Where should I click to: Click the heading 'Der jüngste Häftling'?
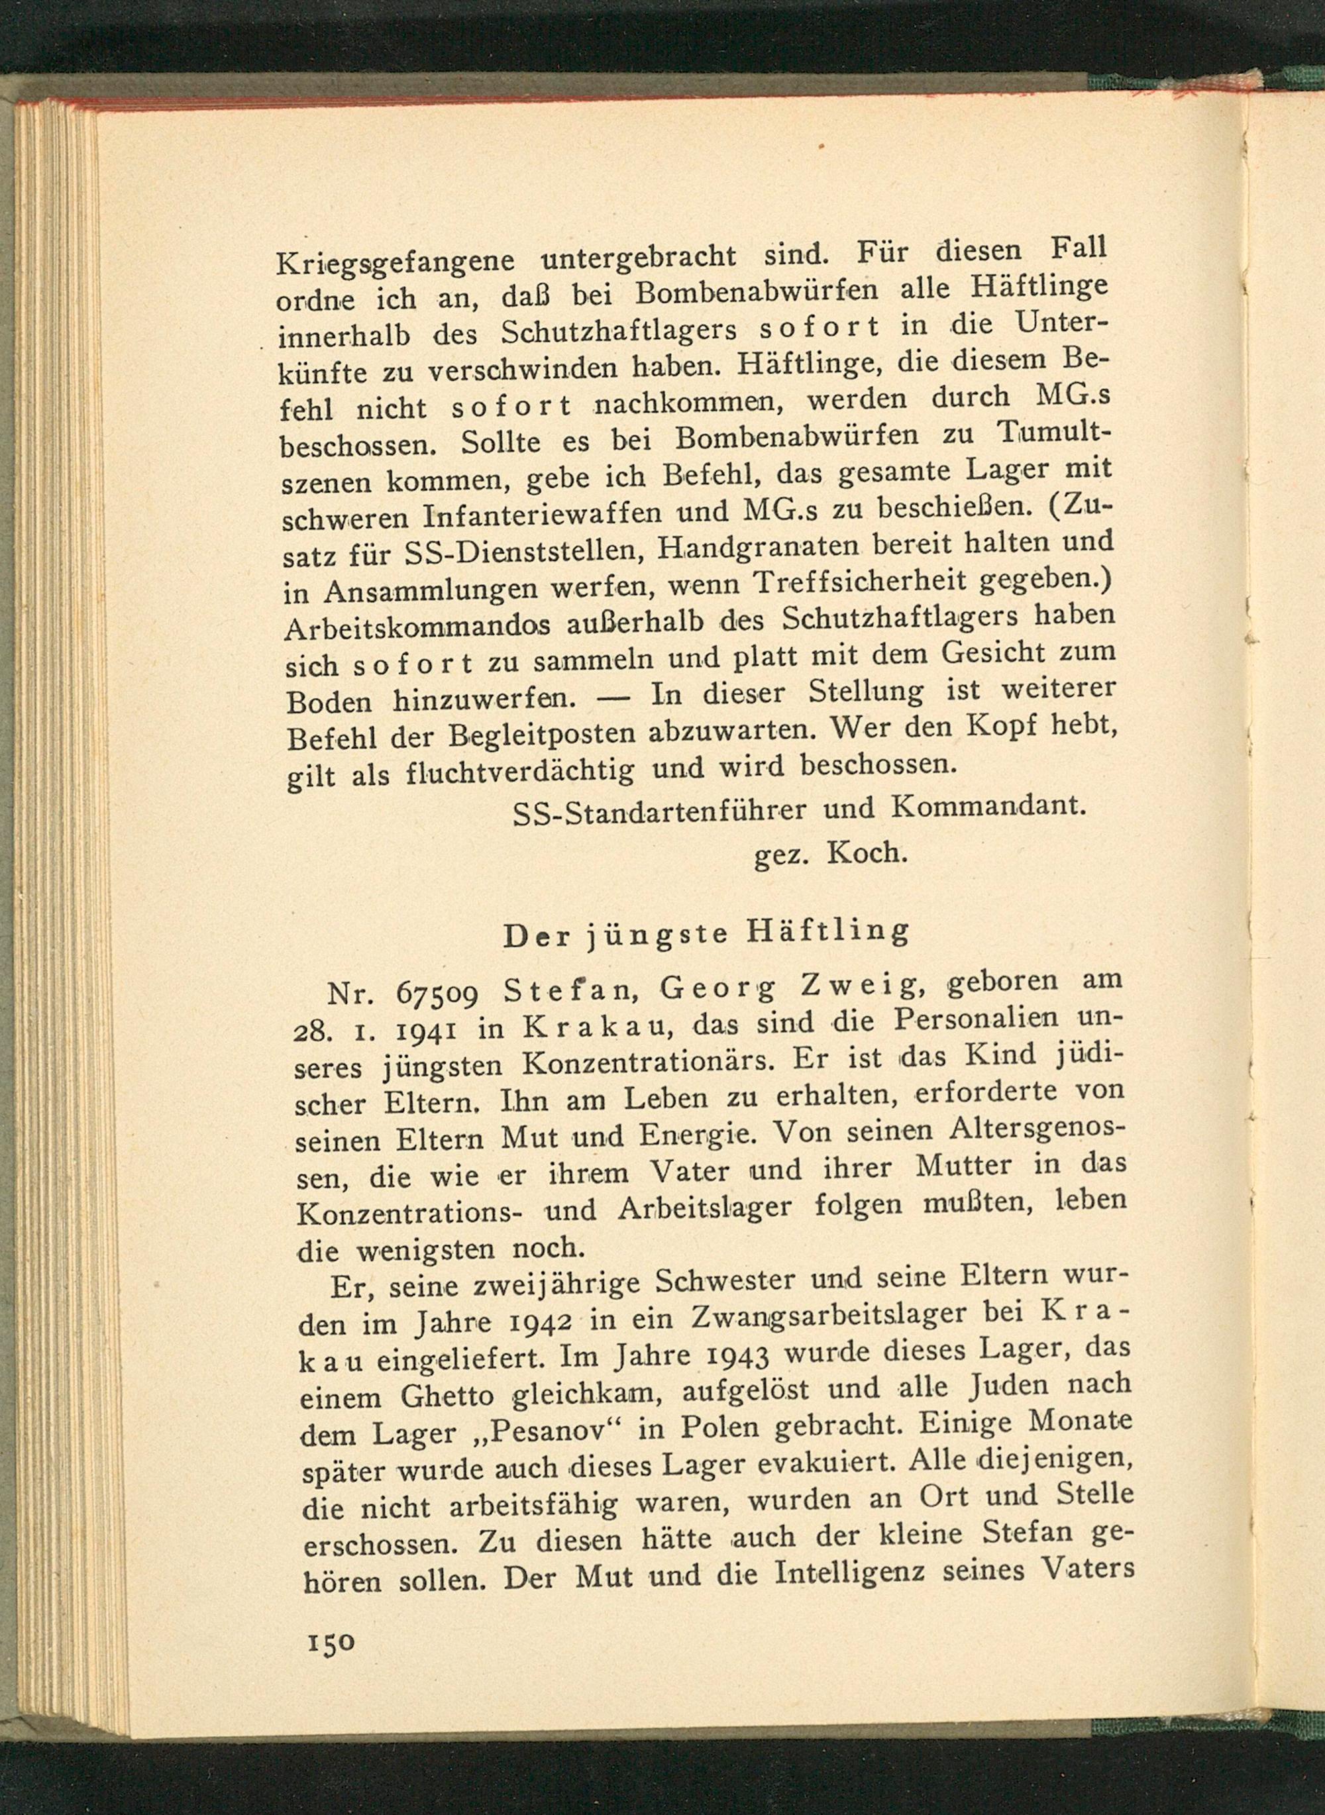(x=706, y=933)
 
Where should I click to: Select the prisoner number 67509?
(x=438, y=994)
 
